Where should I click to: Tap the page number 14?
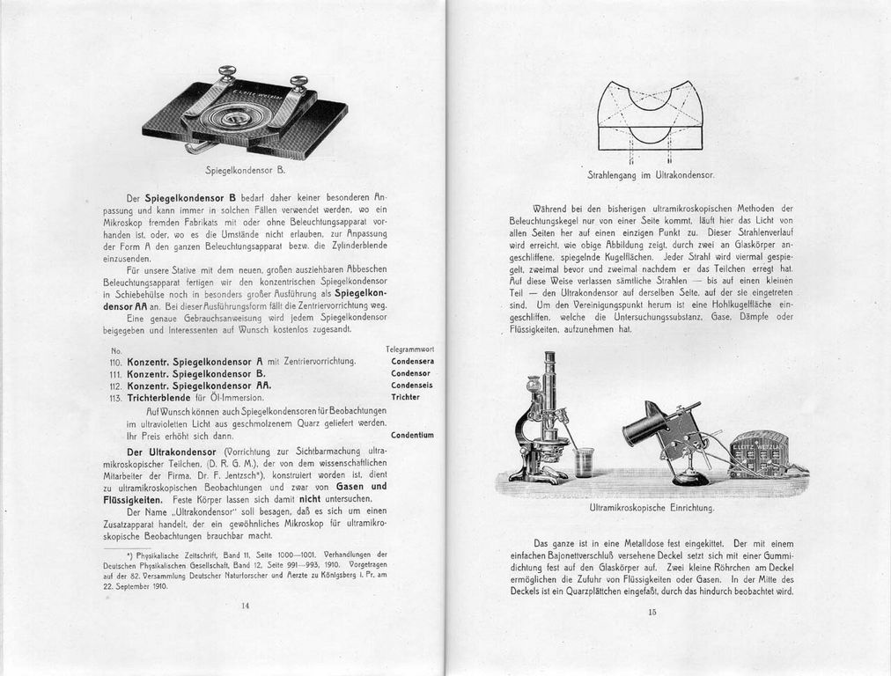pos(245,605)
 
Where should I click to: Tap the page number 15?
pos(652,613)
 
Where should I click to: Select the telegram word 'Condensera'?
pos(412,361)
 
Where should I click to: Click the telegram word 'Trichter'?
pos(405,397)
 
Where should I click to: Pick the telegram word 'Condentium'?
pos(412,435)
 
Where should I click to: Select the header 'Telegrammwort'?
pos(409,349)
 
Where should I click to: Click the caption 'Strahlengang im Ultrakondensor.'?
pos(650,176)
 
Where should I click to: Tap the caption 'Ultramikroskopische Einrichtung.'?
pos(651,508)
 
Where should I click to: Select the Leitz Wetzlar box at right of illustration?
pos(759,454)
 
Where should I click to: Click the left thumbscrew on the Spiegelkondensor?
pos(228,74)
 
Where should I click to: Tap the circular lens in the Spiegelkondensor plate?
pos(235,117)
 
